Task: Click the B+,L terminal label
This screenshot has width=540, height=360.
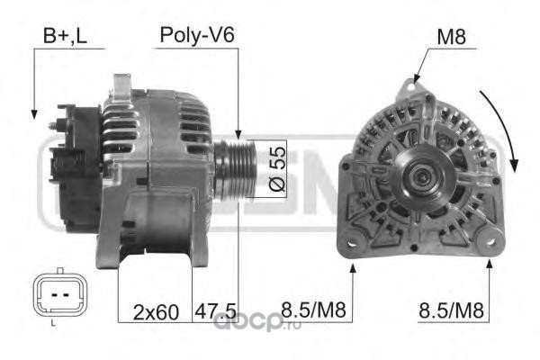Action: [65, 36]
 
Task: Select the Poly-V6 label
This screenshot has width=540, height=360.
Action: [197, 35]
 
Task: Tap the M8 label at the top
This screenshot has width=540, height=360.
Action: [451, 37]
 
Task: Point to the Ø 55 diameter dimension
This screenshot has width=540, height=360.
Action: [277, 169]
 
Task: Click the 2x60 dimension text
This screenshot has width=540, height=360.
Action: [156, 312]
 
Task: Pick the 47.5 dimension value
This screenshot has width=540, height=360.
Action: [216, 311]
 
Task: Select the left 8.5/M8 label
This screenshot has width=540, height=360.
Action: [313, 310]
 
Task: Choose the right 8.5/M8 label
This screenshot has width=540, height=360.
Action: [451, 310]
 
